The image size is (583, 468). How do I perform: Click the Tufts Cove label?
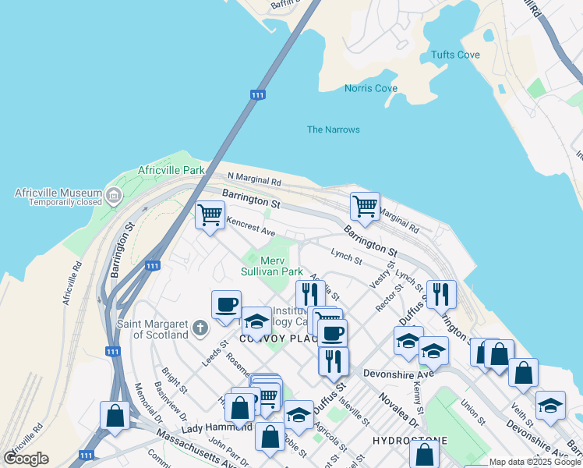point(456,55)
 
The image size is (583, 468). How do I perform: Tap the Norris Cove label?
point(371,88)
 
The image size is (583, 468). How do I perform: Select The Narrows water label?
point(334,129)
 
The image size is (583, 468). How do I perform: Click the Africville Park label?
point(171,170)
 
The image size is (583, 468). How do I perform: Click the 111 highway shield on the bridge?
point(258,94)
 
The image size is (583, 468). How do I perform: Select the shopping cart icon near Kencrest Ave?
point(210,214)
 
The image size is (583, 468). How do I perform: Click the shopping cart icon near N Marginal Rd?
point(365,206)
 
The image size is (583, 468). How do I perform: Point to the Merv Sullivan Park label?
point(270,266)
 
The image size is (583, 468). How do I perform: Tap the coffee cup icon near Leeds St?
point(226,304)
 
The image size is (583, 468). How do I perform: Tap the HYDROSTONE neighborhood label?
point(410,441)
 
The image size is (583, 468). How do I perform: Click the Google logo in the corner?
point(26,459)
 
